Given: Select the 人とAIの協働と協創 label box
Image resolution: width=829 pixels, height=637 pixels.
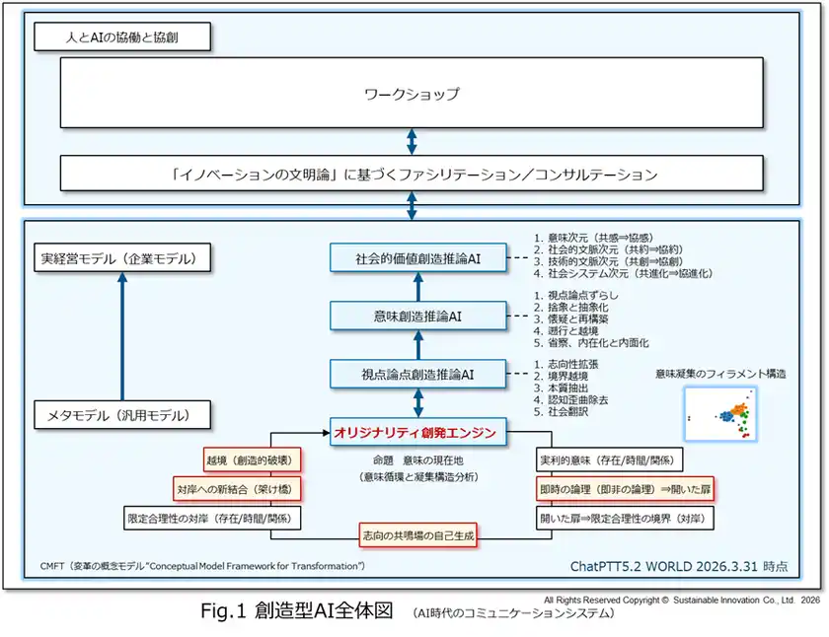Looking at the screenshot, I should click(x=122, y=38).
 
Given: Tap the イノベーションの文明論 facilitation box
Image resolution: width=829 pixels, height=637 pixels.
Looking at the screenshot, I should click(x=411, y=174).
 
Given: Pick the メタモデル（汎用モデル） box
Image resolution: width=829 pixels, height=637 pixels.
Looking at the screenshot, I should click(x=123, y=415).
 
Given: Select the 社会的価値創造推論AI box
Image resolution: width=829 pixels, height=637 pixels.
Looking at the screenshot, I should click(x=418, y=258).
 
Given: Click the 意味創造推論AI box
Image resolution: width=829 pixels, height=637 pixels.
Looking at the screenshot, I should click(x=418, y=317).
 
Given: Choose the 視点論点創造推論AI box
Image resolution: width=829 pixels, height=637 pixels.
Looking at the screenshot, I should click(x=418, y=375).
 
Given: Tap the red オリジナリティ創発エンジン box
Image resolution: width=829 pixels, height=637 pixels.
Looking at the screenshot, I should click(x=418, y=432).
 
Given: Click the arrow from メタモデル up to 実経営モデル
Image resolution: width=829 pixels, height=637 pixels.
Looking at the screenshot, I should click(x=123, y=335).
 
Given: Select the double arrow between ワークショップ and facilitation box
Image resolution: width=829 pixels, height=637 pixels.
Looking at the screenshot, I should click(x=411, y=139).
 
